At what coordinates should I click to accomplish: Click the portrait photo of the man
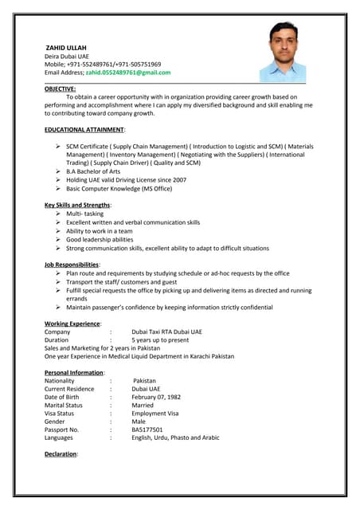[282, 52]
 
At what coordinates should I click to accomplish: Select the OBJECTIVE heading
[61, 88]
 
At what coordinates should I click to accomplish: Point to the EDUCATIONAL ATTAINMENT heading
[84, 129]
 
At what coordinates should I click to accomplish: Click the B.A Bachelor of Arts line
[93, 171]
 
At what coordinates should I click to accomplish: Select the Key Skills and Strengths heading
[77, 206]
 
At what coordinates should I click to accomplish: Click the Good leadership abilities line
[100, 240]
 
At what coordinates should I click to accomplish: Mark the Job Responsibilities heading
[72, 265]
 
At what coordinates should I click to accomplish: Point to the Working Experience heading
[72, 324]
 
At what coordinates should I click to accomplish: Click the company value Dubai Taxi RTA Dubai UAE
[166, 331]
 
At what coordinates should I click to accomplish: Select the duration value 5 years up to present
[160, 340]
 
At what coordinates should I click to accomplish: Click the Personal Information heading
[74, 373]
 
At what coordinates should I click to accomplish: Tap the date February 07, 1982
[156, 397]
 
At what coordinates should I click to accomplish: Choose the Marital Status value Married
[143, 405]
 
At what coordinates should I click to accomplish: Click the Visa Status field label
[59, 414]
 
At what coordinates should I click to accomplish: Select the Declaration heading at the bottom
[61, 453]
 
